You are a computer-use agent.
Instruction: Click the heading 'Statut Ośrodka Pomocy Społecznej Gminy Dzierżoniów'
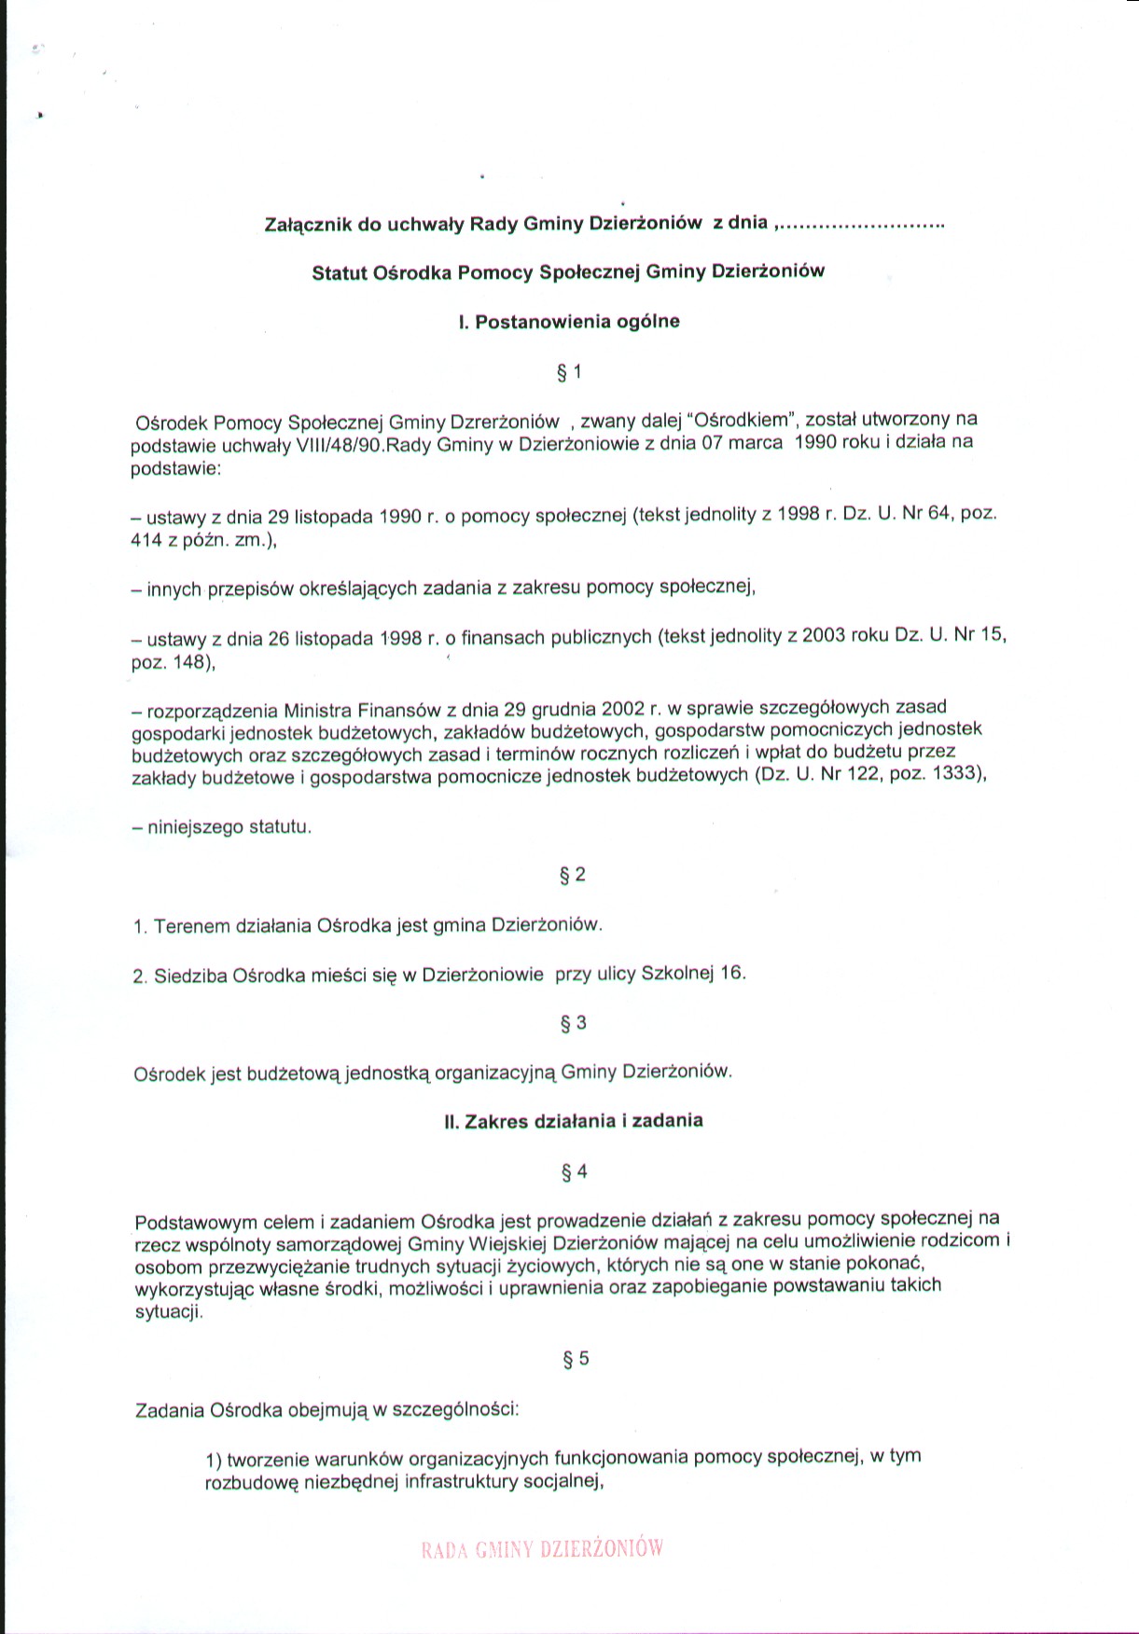click(x=568, y=272)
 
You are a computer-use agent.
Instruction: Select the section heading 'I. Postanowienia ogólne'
click(x=569, y=322)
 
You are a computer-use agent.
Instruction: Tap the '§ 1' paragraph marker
click(x=569, y=372)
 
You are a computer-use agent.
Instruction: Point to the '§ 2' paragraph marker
click(x=572, y=875)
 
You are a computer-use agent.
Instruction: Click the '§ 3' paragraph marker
click(x=573, y=1023)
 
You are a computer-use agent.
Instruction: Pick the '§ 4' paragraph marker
click(x=574, y=1171)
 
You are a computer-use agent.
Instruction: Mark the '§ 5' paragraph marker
click(x=576, y=1359)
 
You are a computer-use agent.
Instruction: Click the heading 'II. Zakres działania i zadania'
click(x=573, y=1121)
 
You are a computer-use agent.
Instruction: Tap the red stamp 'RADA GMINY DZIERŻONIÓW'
click(x=542, y=1549)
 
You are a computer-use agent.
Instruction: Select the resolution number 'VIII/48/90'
click(x=337, y=446)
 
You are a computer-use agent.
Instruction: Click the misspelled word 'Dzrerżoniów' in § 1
click(x=505, y=422)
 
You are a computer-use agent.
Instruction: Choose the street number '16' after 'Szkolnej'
click(x=732, y=973)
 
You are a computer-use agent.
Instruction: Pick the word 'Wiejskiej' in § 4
click(x=507, y=1243)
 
